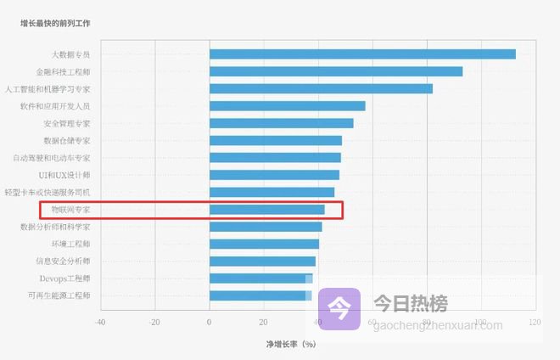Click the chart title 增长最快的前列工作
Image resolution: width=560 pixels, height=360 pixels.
coord(55,24)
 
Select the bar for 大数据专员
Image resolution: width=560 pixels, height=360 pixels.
coord(362,54)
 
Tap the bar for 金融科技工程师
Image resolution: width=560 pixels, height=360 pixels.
coord(336,71)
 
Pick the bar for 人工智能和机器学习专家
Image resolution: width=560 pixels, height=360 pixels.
coord(321,88)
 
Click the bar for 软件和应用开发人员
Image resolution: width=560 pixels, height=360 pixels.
coord(287,106)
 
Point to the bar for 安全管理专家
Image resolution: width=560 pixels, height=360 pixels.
coord(281,123)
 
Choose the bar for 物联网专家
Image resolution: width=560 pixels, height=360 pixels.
coord(266,210)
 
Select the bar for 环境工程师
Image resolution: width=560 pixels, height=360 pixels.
coord(264,244)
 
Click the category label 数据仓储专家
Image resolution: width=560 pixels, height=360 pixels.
coord(66,140)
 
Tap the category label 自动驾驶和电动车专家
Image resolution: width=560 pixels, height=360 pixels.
coord(52,158)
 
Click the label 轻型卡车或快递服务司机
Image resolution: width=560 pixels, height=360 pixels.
coord(48,192)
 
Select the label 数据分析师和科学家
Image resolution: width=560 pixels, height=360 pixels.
coord(55,227)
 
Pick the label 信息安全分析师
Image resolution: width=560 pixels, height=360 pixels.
coord(63,262)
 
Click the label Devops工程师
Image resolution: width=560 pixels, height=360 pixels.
coord(64,278)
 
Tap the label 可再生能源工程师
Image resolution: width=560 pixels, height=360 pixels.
coord(59,295)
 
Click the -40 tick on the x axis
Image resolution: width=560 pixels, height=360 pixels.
coord(99,323)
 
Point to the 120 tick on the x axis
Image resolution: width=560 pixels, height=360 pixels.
coord(535,323)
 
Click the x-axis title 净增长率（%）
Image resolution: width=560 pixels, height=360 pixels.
coord(291,345)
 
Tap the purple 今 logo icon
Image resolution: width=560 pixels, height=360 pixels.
coord(339,307)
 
